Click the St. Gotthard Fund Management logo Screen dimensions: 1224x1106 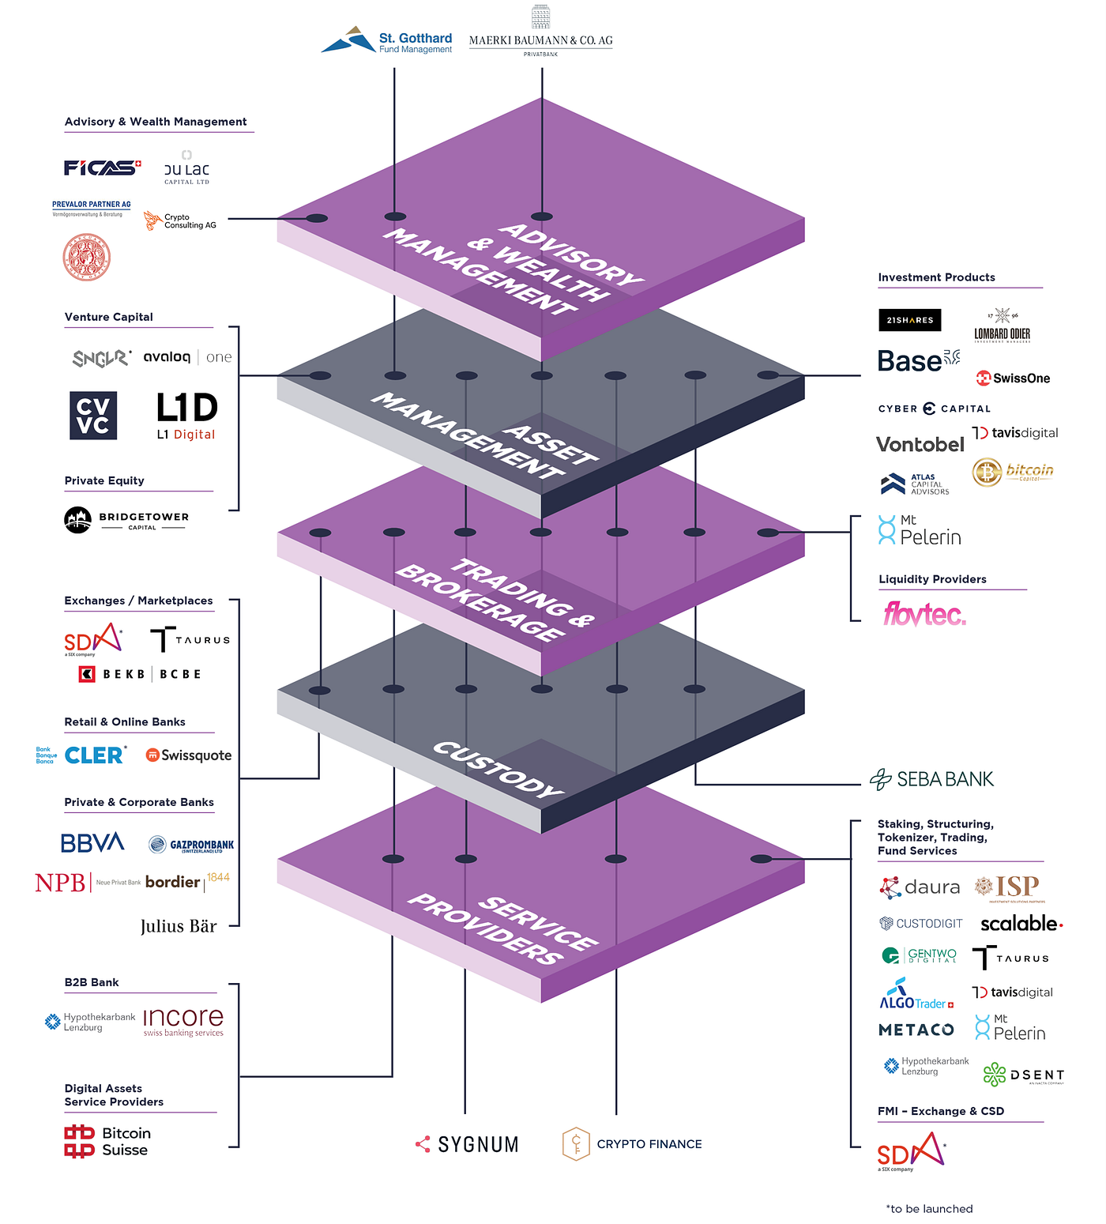[x=387, y=41]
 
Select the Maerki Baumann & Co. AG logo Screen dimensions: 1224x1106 [x=540, y=35]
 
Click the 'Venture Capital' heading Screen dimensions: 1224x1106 [x=109, y=317]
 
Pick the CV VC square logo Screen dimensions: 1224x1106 [x=93, y=416]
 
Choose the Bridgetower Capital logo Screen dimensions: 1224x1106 [x=126, y=520]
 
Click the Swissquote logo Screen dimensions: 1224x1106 [x=189, y=755]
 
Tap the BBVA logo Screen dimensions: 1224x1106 [x=92, y=843]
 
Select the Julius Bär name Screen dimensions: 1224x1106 [x=179, y=926]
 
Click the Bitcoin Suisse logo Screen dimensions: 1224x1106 [x=107, y=1142]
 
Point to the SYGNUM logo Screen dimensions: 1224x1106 [x=468, y=1144]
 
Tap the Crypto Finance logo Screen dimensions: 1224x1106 [x=632, y=1143]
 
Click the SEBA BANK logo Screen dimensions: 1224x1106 [x=931, y=779]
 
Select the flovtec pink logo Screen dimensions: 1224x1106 [x=924, y=614]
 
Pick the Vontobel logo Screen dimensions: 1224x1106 [x=920, y=445]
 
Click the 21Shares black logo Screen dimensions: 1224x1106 [x=909, y=320]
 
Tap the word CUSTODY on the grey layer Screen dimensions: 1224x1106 [x=498, y=769]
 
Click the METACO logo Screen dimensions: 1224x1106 [x=916, y=1030]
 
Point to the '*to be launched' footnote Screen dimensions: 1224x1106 [x=929, y=1209]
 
